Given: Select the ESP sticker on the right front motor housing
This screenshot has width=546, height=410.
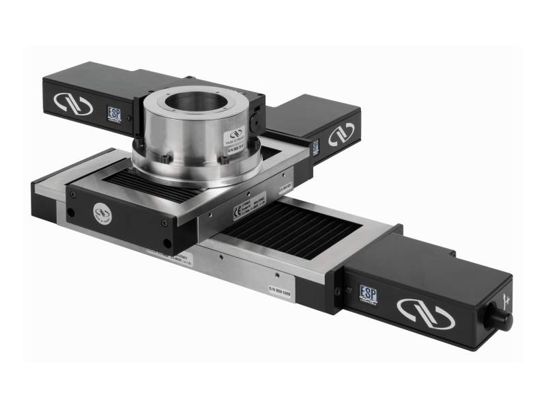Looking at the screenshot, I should [x=369, y=293].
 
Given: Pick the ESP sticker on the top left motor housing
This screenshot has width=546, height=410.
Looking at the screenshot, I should [x=113, y=113].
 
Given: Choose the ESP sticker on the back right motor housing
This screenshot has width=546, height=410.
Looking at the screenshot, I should [x=315, y=147].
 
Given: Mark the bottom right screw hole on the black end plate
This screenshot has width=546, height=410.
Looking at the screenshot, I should [x=165, y=243].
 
